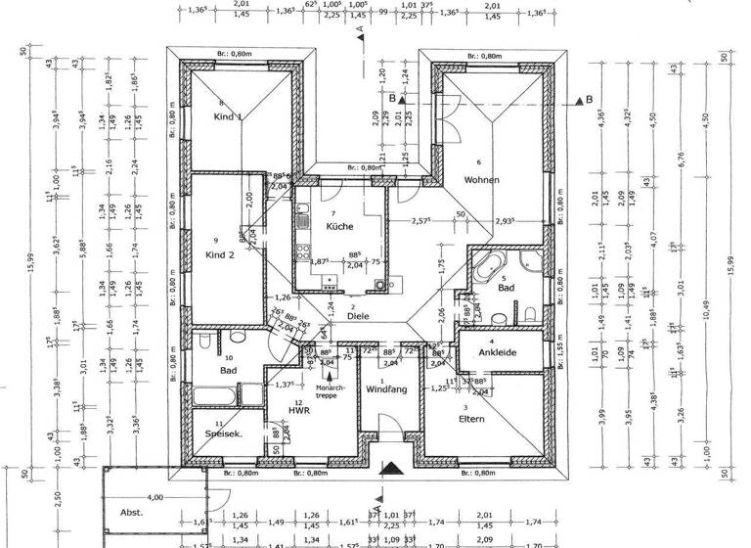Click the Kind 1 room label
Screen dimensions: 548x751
228,117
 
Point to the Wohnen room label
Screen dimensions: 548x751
483,180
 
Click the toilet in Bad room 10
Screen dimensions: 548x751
202,345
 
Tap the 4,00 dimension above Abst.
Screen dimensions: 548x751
155,498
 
